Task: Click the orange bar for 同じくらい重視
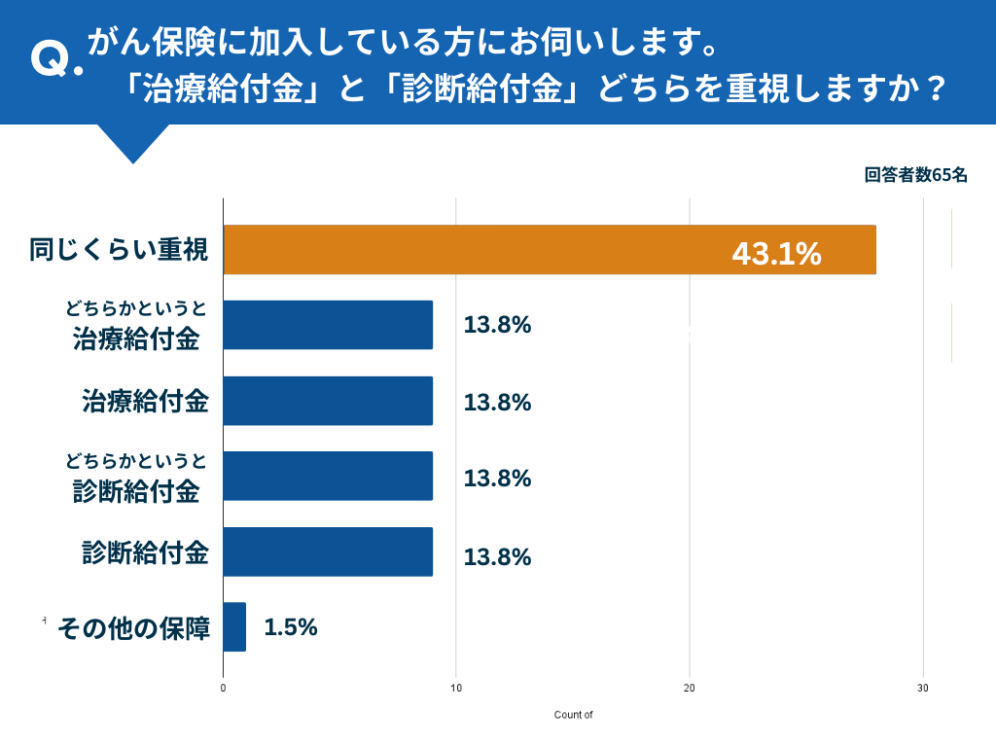click(x=550, y=250)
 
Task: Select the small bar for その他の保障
click(x=234, y=626)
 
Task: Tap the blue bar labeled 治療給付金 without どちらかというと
click(x=328, y=401)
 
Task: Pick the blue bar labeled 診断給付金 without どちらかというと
click(x=328, y=551)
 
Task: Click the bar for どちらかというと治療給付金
click(x=328, y=325)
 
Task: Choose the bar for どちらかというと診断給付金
click(x=328, y=476)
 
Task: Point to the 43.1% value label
click(x=776, y=254)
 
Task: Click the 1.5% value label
click(x=291, y=627)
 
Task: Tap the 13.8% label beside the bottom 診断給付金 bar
click(x=497, y=557)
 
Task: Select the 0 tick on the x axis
click(x=224, y=689)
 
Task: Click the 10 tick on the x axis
click(x=456, y=689)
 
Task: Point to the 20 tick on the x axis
click(x=690, y=689)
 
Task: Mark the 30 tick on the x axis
click(x=923, y=689)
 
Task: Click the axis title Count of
click(x=573, y=715)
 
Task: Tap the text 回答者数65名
click(x=915, y=175)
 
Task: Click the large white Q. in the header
click(x=55, y=60)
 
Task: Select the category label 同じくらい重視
click(x=119, y=250)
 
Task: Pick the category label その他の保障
click(x=134, y=628)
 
